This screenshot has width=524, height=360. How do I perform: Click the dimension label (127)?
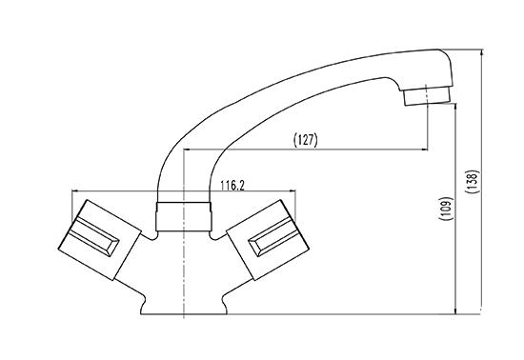pos(306,140)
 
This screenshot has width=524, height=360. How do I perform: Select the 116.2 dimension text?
pos(232,186)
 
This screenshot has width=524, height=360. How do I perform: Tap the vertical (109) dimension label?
pos(446,209)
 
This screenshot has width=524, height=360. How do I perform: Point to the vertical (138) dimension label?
pos(473,182)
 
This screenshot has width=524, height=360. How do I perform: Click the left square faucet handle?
pos(100,240)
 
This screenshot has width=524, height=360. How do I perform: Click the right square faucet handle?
pos(269,240)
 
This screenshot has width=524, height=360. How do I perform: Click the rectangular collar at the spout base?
pos(184,216)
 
